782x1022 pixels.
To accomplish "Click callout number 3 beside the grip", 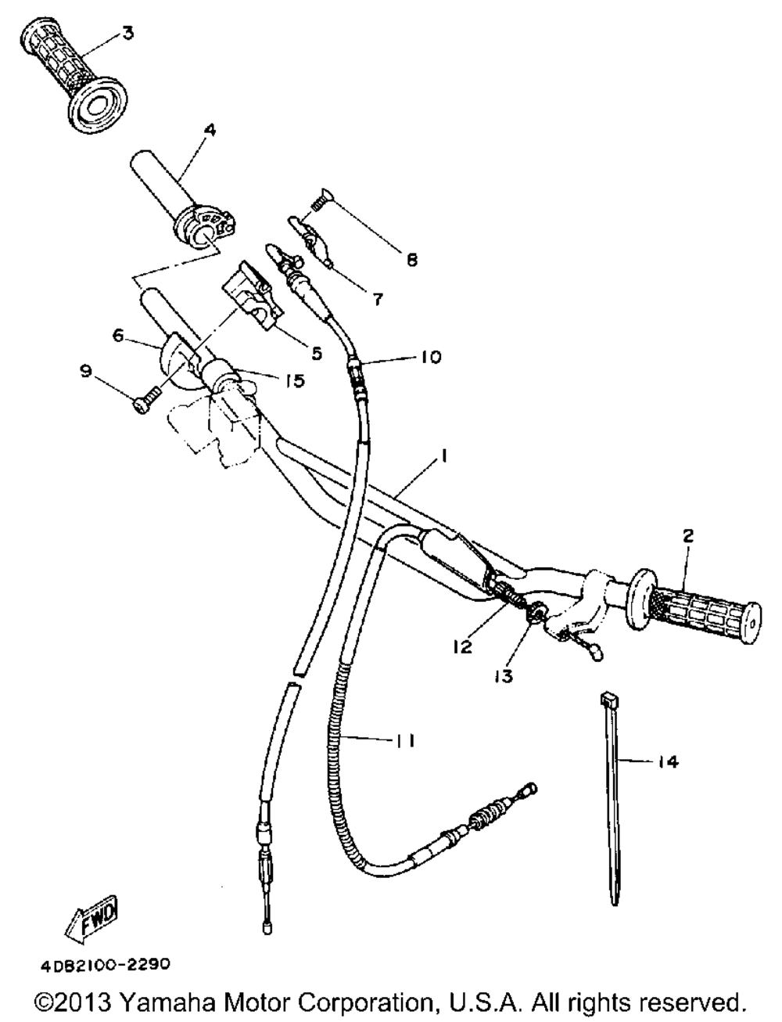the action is click(x=127, y=34).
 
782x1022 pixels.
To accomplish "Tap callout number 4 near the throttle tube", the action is click(x=210, y=130).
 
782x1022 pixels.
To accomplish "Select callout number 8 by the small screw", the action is click(x=411, y=260).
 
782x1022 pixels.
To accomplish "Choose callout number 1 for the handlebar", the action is click(x=443, y=455).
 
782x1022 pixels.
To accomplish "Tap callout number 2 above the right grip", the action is click(x=687, y=536).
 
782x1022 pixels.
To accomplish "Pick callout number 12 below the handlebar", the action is click(x=462, y=647).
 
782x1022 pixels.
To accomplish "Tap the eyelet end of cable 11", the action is click(x=530, y=788).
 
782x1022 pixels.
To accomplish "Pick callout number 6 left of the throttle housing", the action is click(x=117, y=336).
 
